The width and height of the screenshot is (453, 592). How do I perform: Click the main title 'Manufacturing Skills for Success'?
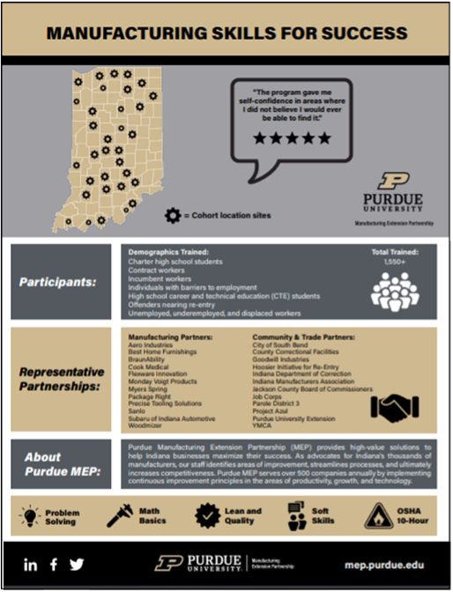coord(226,33)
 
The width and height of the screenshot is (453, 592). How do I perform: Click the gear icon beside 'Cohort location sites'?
coord(172,214)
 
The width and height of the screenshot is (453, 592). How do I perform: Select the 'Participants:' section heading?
coord(60,284)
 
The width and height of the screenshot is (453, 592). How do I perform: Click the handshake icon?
coord(394,405)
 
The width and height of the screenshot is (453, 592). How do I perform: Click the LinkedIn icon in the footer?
coord(31,565)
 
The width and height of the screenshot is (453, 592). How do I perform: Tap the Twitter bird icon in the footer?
coord(78,565)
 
